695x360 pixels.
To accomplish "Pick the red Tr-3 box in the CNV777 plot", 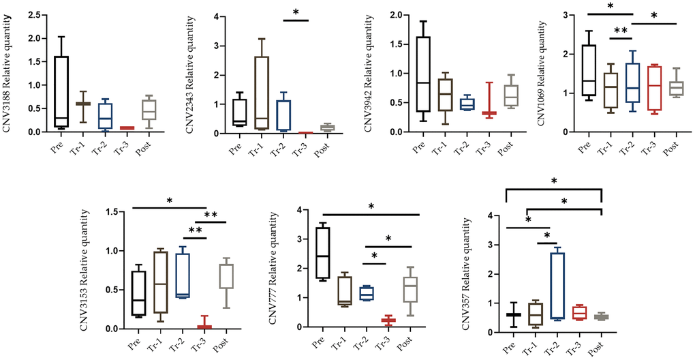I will pyautogui.click(x=388, y=320).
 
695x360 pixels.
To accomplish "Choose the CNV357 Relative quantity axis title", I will pyautogui.click(x=465, y=273).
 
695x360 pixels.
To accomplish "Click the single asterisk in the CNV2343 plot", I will pyautogui.click(x=295, y=13).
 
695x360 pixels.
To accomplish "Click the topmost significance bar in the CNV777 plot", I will pyautogui.click(x=369, y=215).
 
